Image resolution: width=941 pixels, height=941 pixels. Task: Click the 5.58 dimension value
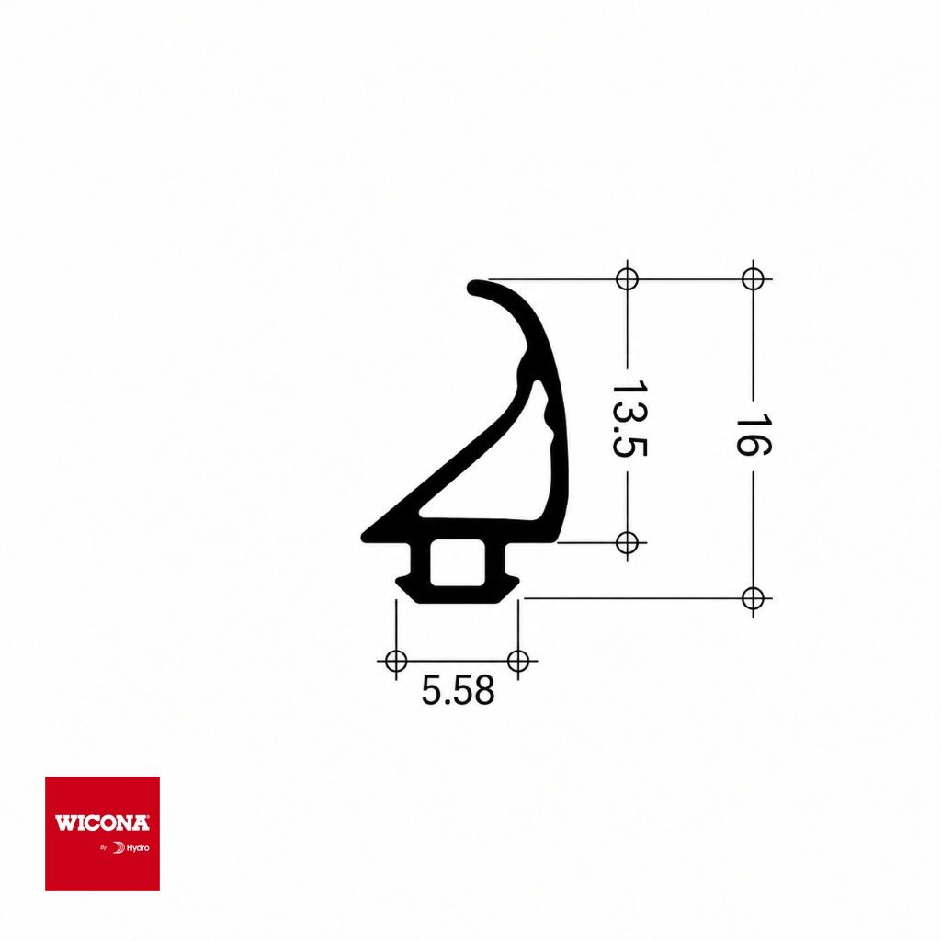(x=458, y=690)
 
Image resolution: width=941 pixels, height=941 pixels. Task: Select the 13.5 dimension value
(x=629, y=418)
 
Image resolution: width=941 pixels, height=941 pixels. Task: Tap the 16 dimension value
(x=754, y=435)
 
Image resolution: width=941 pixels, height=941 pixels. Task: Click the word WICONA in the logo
(x=102, y=822)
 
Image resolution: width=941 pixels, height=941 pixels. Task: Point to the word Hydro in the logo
(x=138, y=848)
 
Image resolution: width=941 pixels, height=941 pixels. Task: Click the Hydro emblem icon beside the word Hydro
(x=119, y=848)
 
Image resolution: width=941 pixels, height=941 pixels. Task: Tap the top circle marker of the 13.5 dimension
(x=627, y=279)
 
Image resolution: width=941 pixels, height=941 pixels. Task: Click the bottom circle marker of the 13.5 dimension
(x=627, y=542)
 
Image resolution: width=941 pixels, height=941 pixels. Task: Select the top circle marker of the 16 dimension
(x=754, y=279)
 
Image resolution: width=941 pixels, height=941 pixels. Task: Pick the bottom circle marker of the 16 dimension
(x=754, y=598)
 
